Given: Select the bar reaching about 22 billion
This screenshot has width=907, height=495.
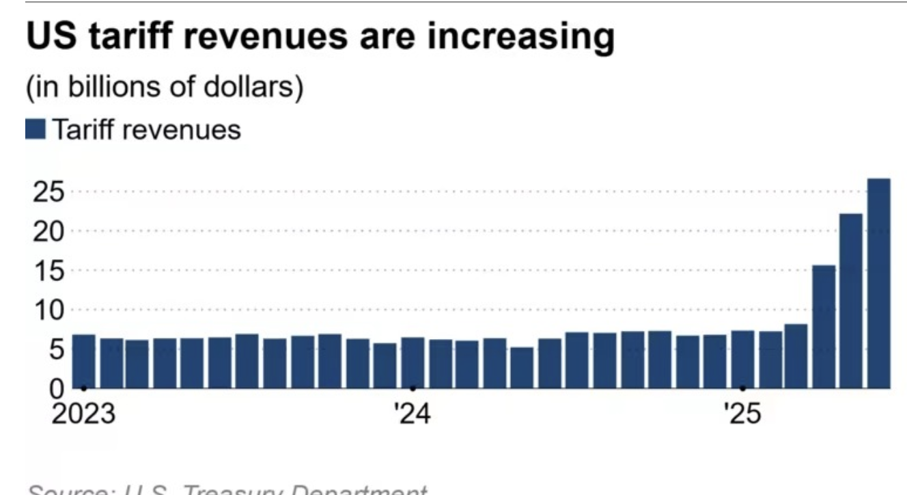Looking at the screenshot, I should tap(851, 301).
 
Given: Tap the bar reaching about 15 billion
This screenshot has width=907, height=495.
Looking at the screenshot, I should tap(824, 327).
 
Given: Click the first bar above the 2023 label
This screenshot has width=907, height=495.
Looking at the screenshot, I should tap(83, 361).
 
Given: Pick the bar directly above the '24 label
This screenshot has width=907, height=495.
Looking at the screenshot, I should tap(413, 362).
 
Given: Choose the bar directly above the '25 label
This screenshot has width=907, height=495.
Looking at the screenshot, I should tap(742, 360).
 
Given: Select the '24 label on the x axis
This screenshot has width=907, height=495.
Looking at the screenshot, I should tap(413, 415).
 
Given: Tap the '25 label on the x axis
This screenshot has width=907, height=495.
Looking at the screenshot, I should tap(742, 415).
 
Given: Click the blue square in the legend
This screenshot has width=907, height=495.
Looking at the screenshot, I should tap(36, 129).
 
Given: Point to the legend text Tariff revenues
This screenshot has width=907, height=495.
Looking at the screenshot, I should tap(146, 129).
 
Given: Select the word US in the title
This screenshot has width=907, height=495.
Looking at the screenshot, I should tap(48, 38).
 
